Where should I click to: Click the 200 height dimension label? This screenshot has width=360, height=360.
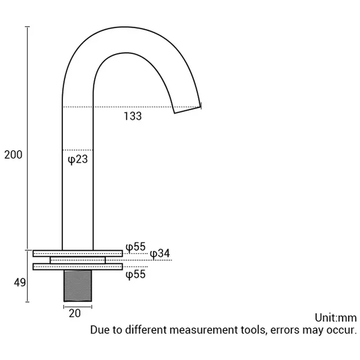click(13, 155)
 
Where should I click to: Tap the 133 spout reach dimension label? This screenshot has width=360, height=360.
click(133, 116)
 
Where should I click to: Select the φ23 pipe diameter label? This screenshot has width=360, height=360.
click(78, 159)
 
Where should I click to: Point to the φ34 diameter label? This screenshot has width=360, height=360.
click(160, 254)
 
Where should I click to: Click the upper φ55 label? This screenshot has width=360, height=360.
click(136, 247)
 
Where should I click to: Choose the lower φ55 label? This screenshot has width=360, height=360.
click(136, 274)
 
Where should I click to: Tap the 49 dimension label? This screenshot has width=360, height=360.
click(20, 282)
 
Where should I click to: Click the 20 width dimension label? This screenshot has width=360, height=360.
click(75, 313)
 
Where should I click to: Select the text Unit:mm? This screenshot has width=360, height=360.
click(336, 318)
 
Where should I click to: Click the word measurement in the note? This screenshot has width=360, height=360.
click(205, 330)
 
